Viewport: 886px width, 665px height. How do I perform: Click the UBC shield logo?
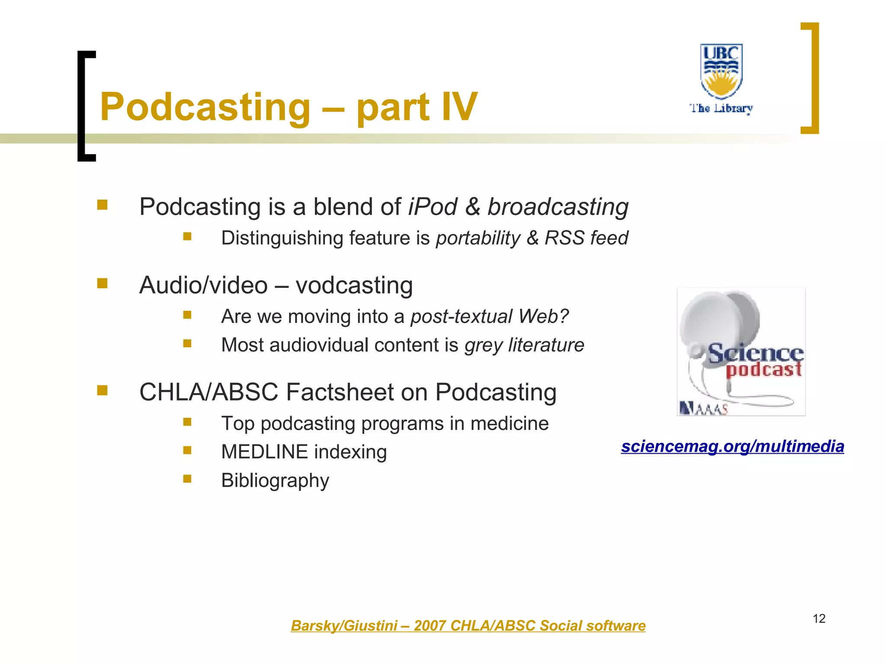(721, 71)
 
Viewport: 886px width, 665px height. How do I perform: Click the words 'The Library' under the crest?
(721, 108)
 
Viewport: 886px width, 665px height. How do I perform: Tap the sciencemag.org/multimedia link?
(732, 446)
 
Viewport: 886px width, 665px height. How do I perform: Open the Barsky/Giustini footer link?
(468, 626)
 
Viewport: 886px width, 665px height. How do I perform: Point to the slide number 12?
(819, 619)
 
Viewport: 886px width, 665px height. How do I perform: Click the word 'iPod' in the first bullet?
(432, 207)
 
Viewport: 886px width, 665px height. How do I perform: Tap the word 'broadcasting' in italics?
(558, 207)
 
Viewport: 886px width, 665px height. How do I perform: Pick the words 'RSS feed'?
(586, 238)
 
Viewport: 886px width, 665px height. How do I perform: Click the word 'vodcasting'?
(354, 286)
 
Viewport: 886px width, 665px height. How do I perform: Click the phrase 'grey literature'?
(524, 345)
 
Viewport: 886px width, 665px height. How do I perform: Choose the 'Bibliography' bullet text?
(275, 481)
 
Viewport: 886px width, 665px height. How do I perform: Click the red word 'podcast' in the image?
(764, 369)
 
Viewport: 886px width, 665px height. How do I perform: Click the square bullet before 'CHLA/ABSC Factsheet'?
(102, 391)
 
